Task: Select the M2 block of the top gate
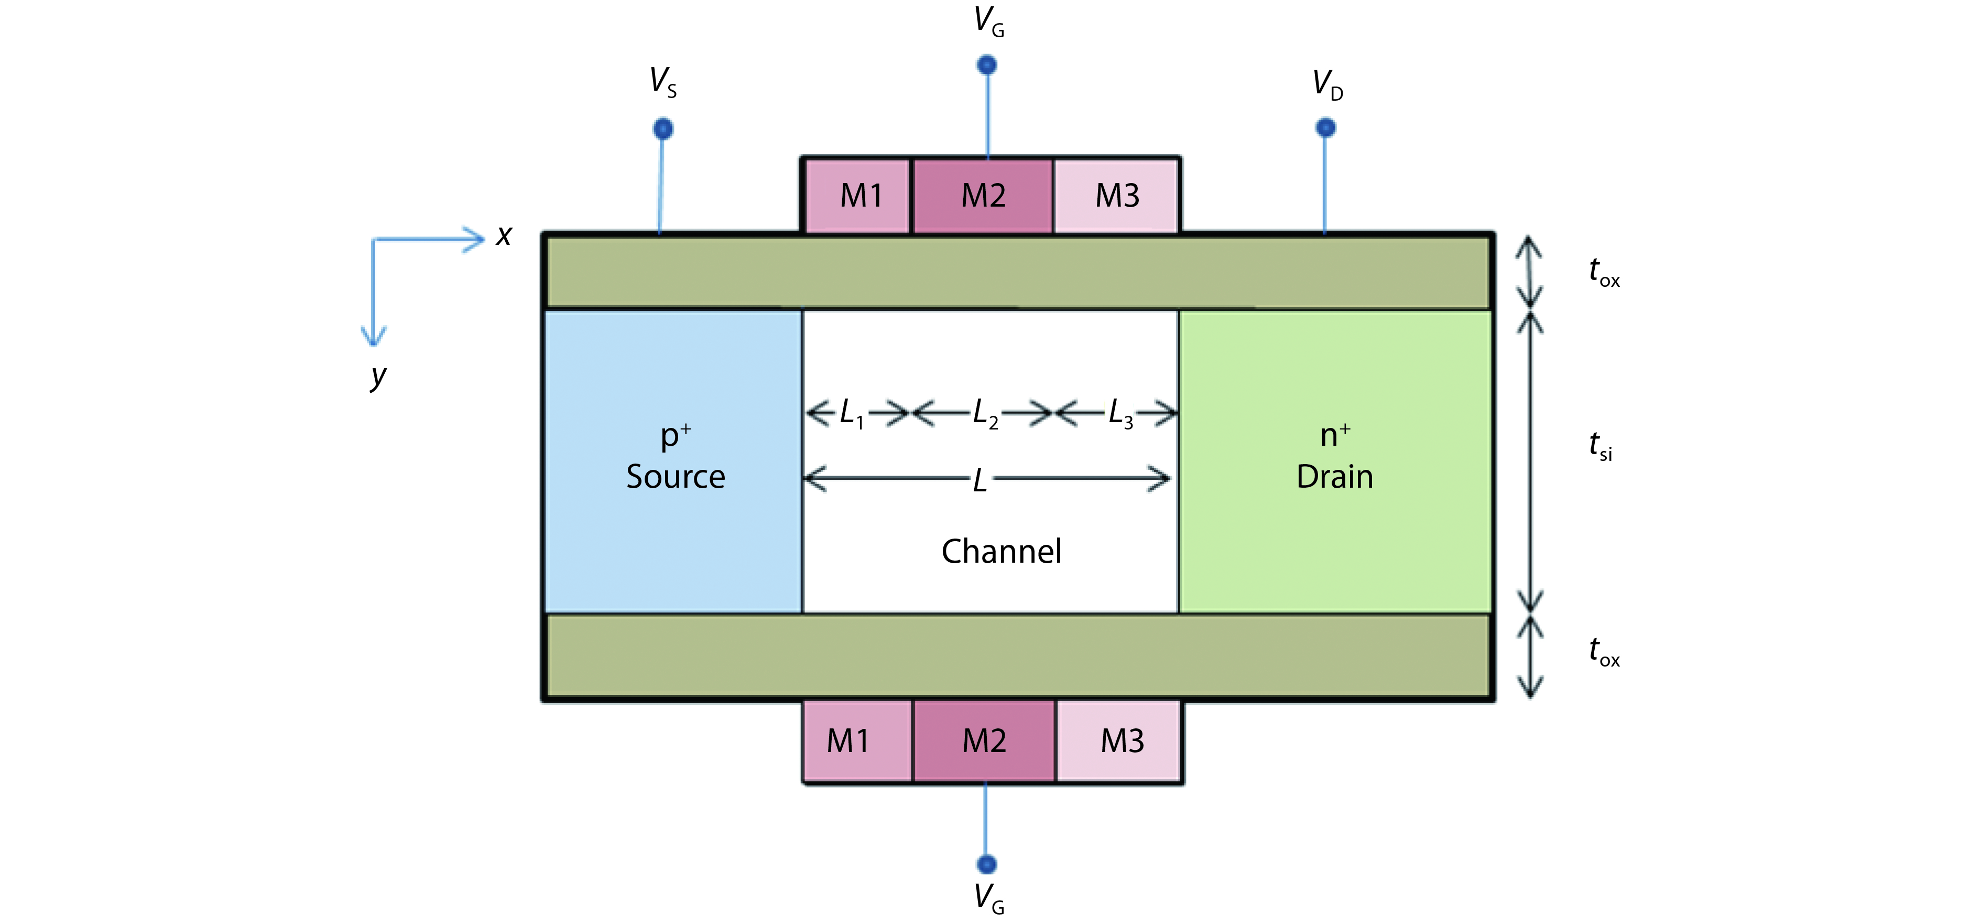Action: (983, 196)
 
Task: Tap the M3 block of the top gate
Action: (1117, 196)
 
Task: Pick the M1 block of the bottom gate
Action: (849, 741)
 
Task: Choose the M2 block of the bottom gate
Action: (984, 741)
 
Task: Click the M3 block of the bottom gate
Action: (1121, 741)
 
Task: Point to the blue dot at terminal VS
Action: (663, 128)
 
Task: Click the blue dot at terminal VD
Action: (1325, 127)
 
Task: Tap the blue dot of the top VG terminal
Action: (987, 65)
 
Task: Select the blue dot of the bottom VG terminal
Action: (987, 864)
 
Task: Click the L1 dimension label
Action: (851, 413)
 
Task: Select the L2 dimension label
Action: (984, 413)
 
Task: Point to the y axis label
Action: (377, 377)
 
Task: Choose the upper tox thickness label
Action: (1604, 272)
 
